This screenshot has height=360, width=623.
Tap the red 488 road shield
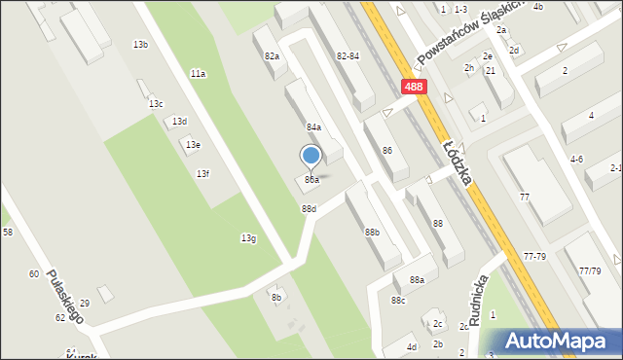point(414,87)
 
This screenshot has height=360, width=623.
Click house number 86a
point(311,180)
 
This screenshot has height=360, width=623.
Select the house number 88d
point(309,209)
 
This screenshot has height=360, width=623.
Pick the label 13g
point(248,238)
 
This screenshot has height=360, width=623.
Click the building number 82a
point(272,57)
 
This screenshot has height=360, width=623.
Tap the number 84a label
point(313,127)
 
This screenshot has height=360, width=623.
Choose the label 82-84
point(348,57)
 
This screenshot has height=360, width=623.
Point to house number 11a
point(198,74)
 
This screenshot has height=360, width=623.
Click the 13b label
point(141,45)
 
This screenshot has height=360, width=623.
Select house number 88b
point(372,232)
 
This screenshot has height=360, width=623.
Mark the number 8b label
point(275,298)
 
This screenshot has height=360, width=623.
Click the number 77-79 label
point(534,256)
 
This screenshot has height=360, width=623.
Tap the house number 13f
point(202,173)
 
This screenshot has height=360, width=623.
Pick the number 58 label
point(8,232)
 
